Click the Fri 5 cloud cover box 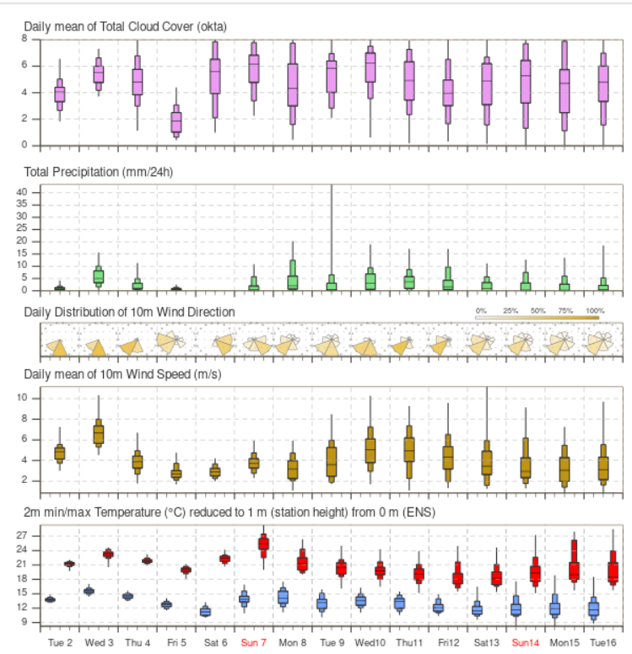click(x=176, y=122)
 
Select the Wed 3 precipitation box click(x=98, y=276)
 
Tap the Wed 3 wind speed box click(x=98, y=434)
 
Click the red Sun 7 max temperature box click(x=263, y=544)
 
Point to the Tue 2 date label click(x=59, y=642)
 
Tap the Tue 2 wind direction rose click(x=59, y=346)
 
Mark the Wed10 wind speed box click(x=370, y=444)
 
